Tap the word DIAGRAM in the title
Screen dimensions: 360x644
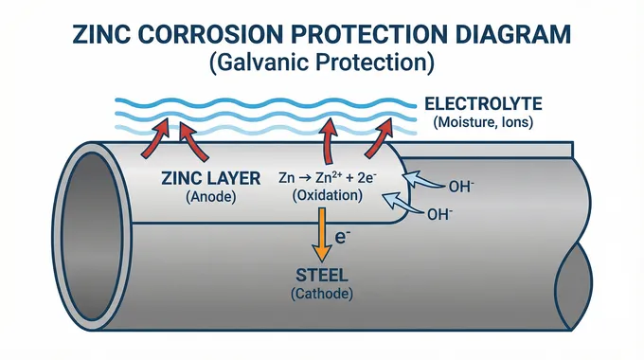[x=513, y=34]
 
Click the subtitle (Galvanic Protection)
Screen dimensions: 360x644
[x=322, y=64]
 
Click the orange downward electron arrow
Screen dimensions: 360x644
[x=321, y=237]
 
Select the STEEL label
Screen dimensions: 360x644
[x=321, y=277]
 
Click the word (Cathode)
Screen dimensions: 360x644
[x=321, y=295]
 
